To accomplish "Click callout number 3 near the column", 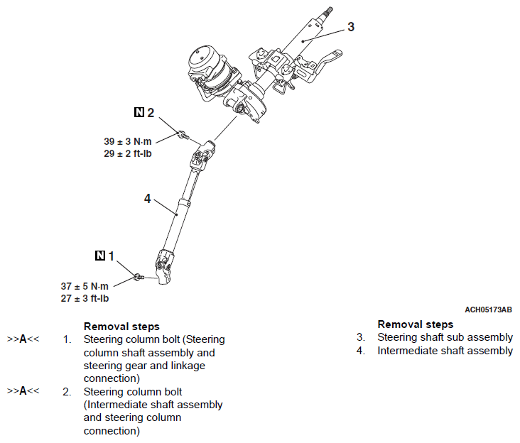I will (x=351, y=27).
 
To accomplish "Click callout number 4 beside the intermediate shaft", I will (x=148, y=199).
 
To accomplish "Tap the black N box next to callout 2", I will (x=139, y=112).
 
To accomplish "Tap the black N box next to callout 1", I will (x=99, y=255).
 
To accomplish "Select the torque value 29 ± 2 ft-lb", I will (x=128, y=154).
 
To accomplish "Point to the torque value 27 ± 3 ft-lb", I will (x=85, y=298).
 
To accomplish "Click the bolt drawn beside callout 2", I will (x=183, y=135).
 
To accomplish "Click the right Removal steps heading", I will (x=416, y=324).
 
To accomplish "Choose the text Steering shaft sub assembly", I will (x=445, y=337).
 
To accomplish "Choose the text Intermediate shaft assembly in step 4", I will (x=445, y=350).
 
